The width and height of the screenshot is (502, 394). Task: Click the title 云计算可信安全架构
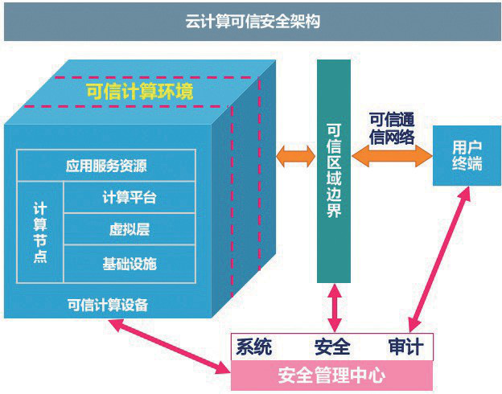pos(253,22)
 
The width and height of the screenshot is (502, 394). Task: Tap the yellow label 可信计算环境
pos(140,92)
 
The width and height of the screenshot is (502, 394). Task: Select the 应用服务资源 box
pos(106,166)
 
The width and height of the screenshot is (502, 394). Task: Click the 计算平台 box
pos(130,197)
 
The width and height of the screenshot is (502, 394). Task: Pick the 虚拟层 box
pos(130,229)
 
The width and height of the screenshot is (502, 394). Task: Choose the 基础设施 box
pos(130,264)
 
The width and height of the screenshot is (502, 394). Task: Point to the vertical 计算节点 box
pos(40,232)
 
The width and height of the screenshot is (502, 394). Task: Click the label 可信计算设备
pos(108,305)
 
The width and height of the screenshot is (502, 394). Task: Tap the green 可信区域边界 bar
pos(334,171)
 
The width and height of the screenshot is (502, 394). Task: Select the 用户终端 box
pos(467,155)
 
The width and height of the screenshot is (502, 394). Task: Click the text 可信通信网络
pos(392,129)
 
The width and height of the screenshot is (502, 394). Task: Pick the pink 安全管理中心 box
pos(331,376)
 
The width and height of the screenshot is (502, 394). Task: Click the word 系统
pos(254,347)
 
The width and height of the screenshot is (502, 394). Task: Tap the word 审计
pos(406,347)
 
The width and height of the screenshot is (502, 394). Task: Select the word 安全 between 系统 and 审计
pos(332,347)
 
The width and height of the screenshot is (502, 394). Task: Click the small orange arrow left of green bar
pos(296,156)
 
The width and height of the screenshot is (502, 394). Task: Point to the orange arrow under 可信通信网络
pos(392,156)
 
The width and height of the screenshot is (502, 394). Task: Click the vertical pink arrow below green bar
pos(334,308)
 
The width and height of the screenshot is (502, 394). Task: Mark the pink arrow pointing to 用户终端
pos(440,259)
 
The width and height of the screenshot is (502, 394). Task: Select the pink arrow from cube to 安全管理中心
pos(170,347)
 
